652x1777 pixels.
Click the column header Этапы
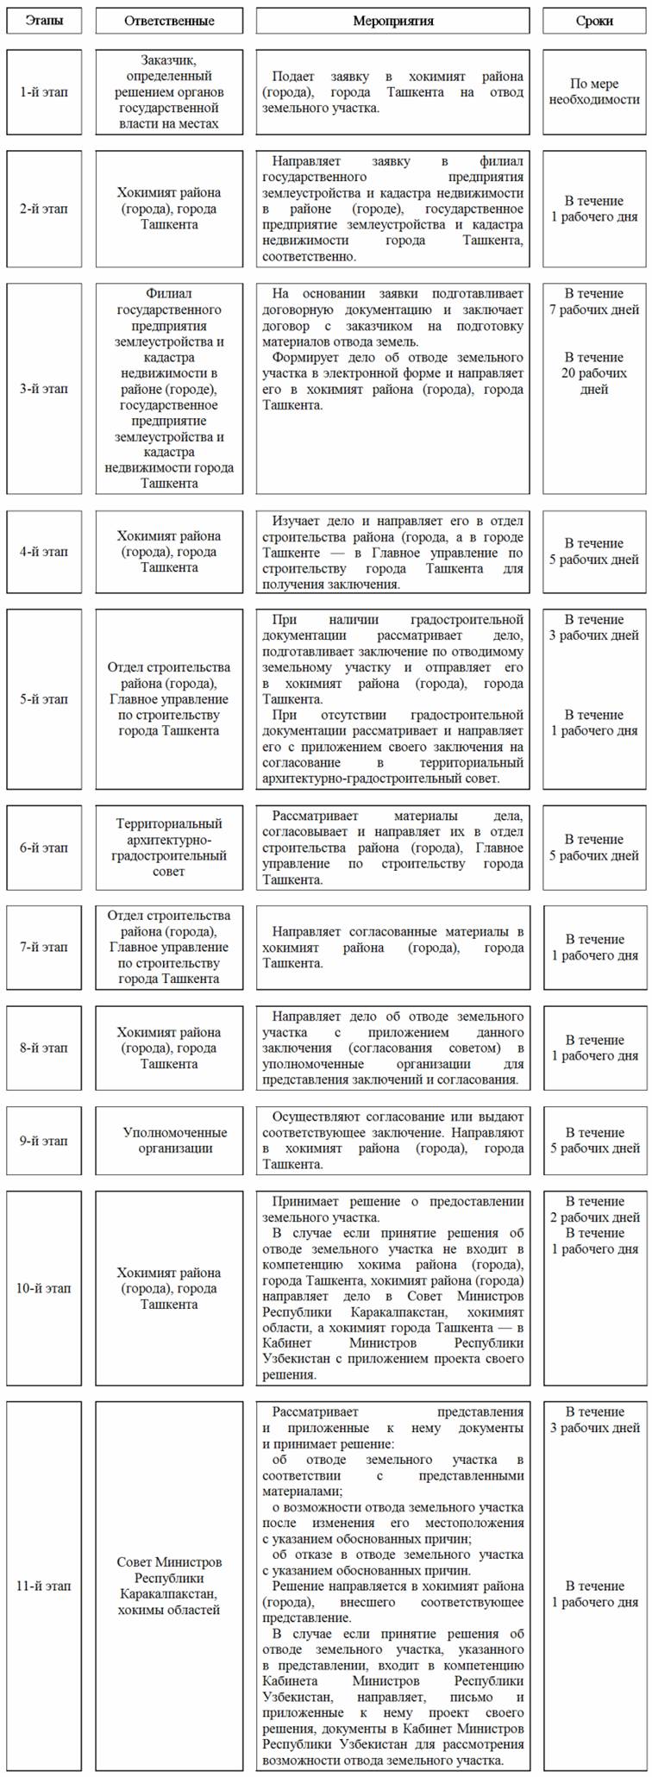44,20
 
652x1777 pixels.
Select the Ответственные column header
169,20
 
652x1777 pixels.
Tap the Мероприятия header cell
393,20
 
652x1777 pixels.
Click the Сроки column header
594,20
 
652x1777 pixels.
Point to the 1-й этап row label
44,91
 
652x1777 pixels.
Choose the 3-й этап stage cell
44,388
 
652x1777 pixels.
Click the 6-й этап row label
44,848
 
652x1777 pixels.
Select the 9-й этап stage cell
44,1140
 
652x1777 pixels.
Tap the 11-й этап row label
44,1586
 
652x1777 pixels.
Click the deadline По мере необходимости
594,91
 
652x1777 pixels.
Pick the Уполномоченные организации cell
169,1140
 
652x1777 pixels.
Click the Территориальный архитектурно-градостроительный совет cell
169,848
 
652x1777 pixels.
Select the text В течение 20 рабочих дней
594,373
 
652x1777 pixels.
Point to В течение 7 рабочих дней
594,302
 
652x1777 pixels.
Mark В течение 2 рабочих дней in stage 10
594,1209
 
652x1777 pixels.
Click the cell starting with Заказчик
169,91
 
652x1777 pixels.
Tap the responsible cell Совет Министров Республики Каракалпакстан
169,1586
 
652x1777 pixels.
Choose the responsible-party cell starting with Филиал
169,388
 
